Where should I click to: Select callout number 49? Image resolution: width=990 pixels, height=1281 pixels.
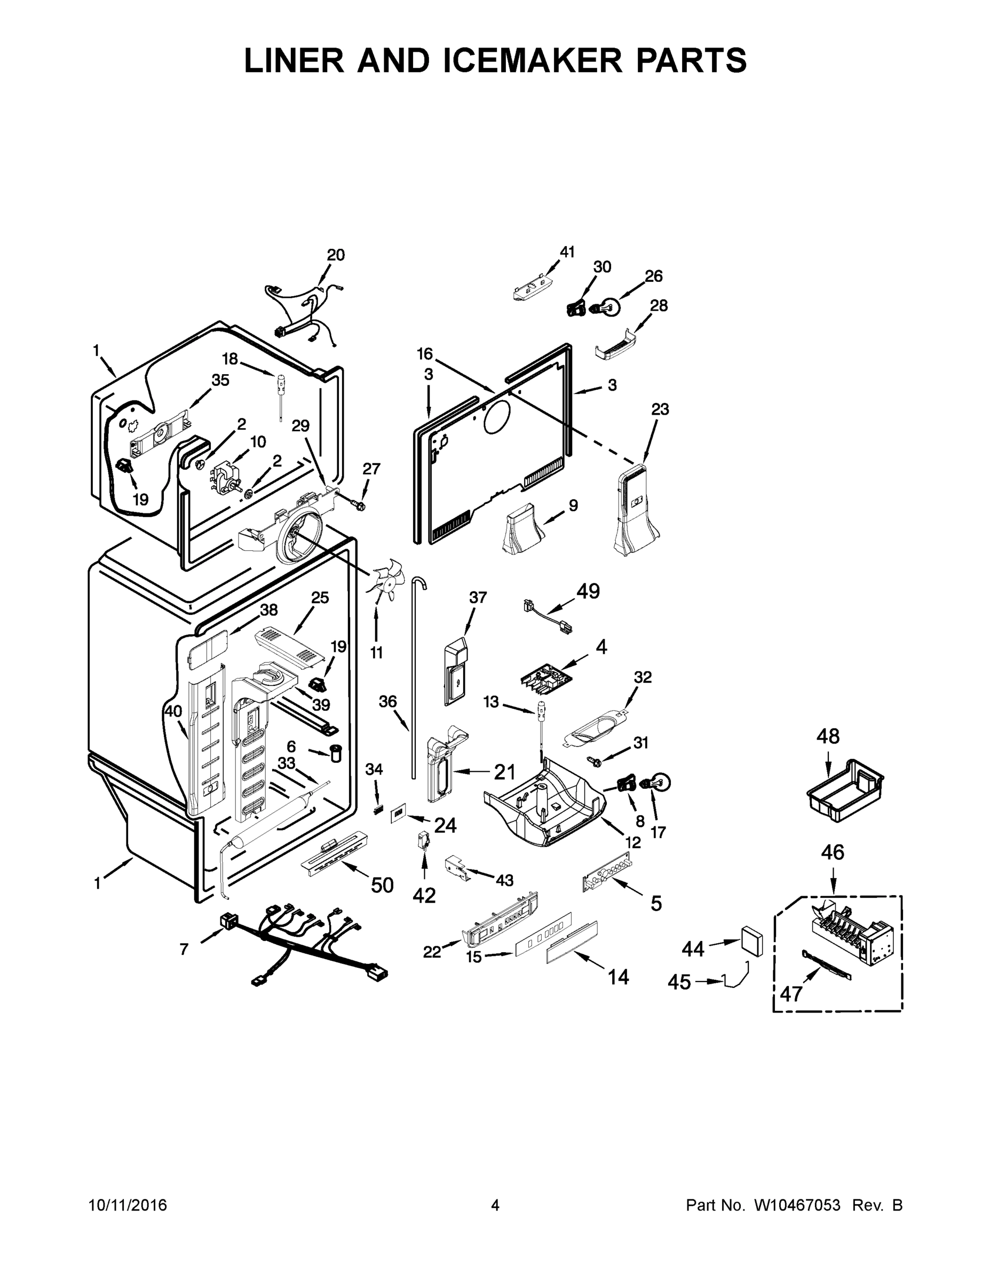coord(588,591)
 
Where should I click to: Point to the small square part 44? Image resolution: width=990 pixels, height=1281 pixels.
coord(751,943)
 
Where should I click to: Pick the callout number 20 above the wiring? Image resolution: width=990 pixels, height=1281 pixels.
coord(336,255)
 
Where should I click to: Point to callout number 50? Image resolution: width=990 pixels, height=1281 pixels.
coord(382,885)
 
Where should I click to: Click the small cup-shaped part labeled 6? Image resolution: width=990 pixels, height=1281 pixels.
coord(336,752)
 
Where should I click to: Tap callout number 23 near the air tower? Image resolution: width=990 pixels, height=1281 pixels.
coord(660,409)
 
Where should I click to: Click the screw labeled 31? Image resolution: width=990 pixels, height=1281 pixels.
coord(593,761)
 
